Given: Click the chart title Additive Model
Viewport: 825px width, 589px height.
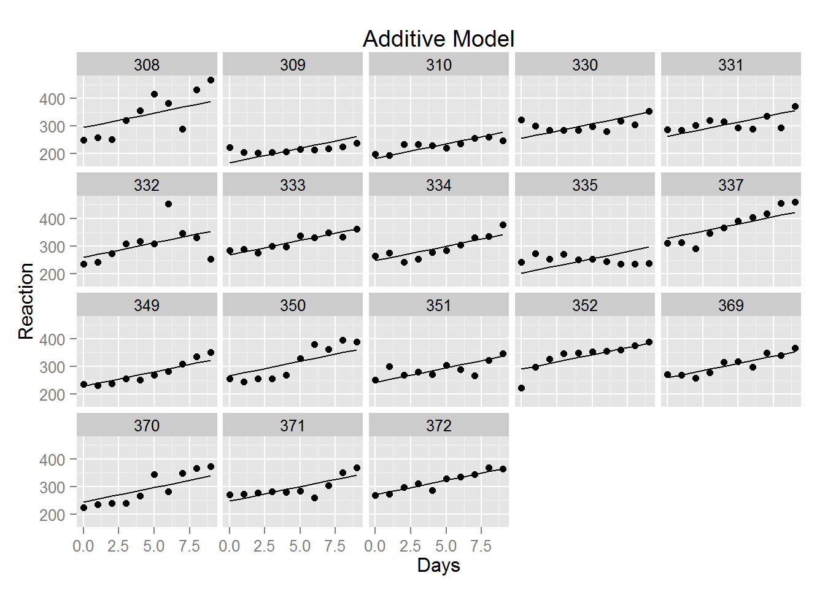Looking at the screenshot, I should pyautogui.click(x=438, y=39).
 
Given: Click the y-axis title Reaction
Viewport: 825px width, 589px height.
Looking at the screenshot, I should pyautogui.click(x=26, y=301).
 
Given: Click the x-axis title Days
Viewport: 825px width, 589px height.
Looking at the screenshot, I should pyautogui.click(x=438, y=565).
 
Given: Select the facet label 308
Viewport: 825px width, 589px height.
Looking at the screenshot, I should pyautogui.click(x=147, y=65).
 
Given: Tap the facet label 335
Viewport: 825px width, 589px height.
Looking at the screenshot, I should pyautogui.click(x=584, y=185).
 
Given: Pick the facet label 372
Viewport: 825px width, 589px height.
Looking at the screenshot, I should pyautogui.click(x=438, y=426).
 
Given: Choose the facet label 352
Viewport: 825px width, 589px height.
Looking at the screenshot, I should pyautogui.click(x=584, y=306).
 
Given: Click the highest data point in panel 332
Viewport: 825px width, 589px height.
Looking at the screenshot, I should pyautogui.click(x=168, y=204).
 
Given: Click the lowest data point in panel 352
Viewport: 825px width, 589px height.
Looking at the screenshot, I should pyautogui.click(x=521, y=388).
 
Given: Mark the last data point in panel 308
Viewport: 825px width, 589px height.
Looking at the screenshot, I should pyautogui.click(x=211, y=80).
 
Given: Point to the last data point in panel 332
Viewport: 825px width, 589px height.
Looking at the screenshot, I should pyautogui.click(x=211, y=259).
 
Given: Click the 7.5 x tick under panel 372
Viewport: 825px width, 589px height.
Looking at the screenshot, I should pyautogui.click(x=481, y=546).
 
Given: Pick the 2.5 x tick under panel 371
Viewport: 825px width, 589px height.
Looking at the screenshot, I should pyautogui.click(x=265, y=546).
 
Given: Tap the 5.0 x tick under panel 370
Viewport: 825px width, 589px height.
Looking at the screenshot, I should pyautogui.click(x=154, y=546).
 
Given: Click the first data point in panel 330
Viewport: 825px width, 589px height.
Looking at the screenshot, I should pyautogui.click(x=521, y=120).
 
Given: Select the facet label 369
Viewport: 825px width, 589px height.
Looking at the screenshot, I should pyautogui.click(x=730, y=306).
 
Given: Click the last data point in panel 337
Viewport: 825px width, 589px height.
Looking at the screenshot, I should pyautogui.click(x=795, y=202).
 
